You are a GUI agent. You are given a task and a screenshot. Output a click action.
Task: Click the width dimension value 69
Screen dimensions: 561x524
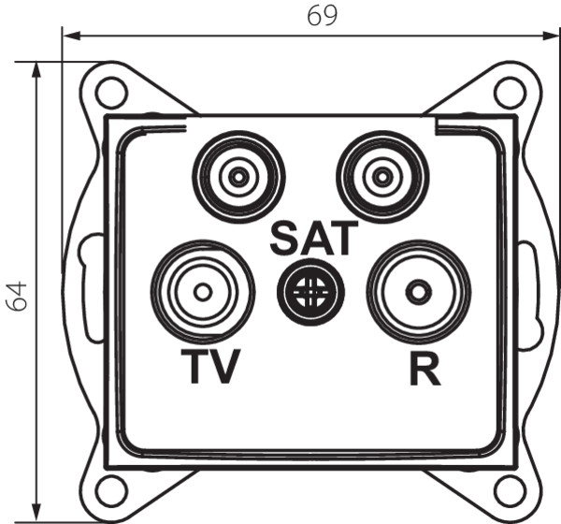[322, 16]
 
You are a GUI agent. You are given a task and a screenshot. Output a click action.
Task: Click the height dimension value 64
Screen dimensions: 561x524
[17, 297]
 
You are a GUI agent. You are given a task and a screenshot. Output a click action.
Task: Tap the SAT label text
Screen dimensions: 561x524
[314, 239]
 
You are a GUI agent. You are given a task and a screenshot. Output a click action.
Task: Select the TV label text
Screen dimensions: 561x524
[210, 366]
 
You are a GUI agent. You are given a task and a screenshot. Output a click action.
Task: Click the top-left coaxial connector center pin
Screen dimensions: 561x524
[238, 177]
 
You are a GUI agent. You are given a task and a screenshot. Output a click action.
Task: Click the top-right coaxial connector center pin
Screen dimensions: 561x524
[382, 177]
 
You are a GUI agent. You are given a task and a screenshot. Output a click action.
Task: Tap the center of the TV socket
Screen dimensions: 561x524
[203, 292]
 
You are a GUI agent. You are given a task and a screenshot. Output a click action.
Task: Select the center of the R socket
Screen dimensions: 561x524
[419, 292]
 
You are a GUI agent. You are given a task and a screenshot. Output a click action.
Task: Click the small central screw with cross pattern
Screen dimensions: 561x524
[310, 292]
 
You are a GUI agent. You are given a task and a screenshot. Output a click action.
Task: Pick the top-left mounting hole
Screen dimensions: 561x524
[112, 92]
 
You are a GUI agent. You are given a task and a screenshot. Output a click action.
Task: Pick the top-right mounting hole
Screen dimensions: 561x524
[510, 92]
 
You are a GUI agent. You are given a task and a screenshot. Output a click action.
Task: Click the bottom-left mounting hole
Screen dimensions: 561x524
[112, 489]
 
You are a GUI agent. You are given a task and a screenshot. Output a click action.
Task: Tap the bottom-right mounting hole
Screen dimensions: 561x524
[510, 489]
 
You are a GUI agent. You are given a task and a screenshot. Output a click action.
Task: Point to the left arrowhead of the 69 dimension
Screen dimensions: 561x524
[71, 36]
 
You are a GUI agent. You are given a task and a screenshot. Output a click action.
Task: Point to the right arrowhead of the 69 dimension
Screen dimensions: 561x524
[551, 36]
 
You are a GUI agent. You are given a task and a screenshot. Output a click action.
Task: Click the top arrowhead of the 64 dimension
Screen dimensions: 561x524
[36, 70]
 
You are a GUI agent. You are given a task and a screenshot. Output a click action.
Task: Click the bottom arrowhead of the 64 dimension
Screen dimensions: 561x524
[36, 513]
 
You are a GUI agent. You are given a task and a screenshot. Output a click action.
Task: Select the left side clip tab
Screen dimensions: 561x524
[91, 287]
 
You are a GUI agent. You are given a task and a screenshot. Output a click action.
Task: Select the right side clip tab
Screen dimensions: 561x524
[530, 295]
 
